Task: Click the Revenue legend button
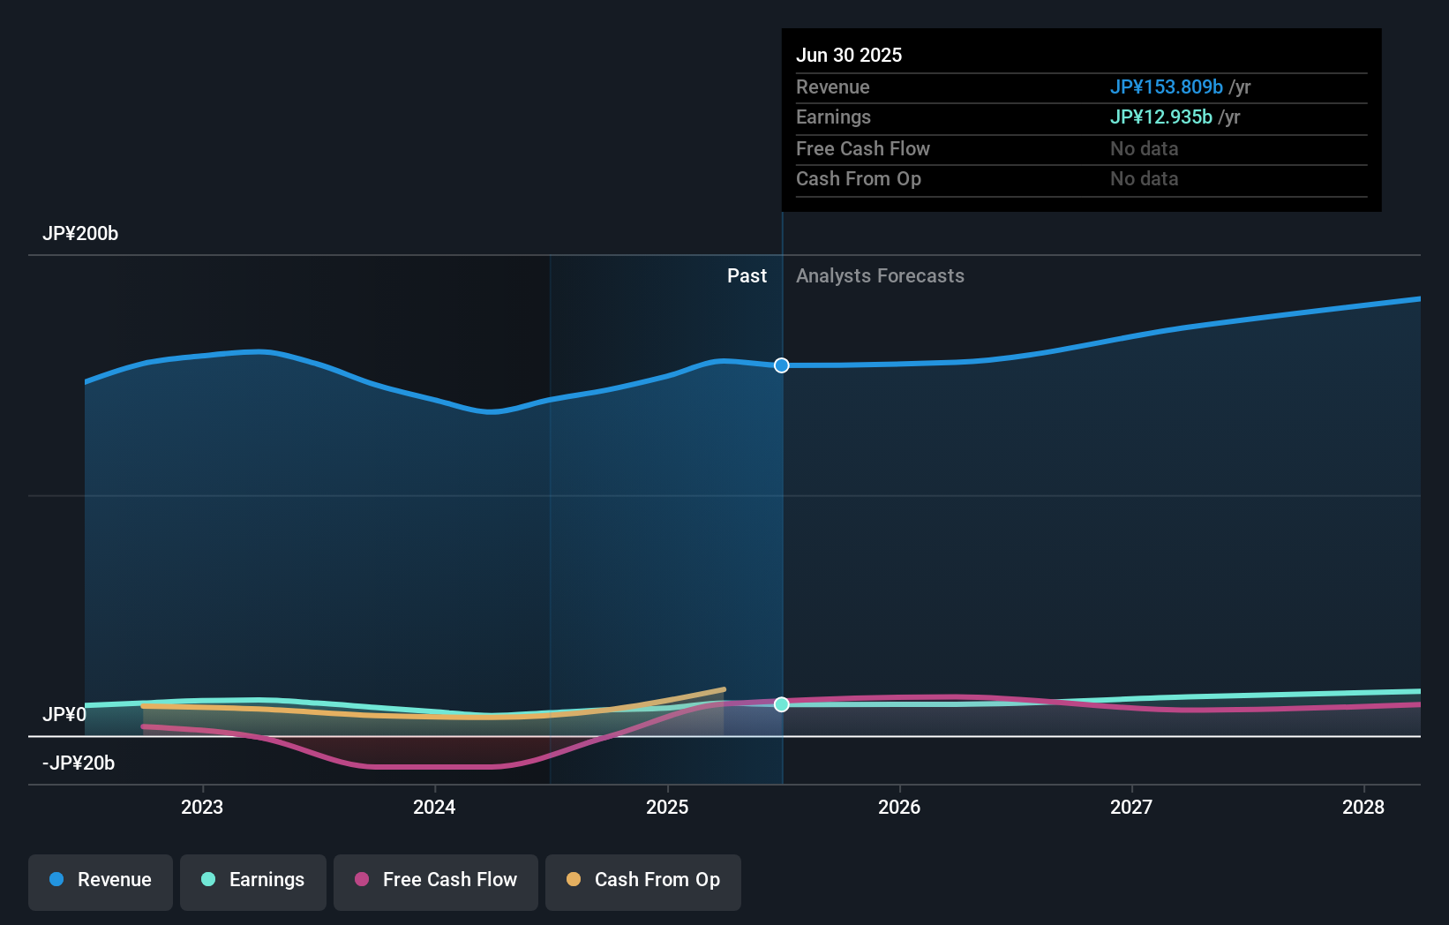click(x=101, y=880)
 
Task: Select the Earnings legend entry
click(x=253, y=880)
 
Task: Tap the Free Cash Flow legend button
click(x=436, y=880)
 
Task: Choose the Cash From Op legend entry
click(x=643, y=880)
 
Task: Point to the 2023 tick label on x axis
click(x=202, y=807)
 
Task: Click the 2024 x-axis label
click(x=434, y=807)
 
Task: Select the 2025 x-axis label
click(x=667, y=807)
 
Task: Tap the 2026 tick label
click(x=899, y=807)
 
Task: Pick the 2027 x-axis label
click(x=1131, y=807)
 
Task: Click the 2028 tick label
click(x=1363, y=807)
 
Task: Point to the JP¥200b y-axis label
click(x=80, y=234)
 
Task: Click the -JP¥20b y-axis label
click(x=79, y=763)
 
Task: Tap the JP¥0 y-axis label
click(x=64, y=714)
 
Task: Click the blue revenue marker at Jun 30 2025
click(x=782, y=365)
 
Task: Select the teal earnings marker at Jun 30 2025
click(x=782, y=704)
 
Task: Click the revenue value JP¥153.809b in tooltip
click(x=1166, y=87)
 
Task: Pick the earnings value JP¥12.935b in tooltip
click(x=1160, y=117)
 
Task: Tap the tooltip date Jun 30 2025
click(x=849, y=56)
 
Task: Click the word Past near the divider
click(x=747, y=276)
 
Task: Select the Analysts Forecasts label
click(x=880, y=276)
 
